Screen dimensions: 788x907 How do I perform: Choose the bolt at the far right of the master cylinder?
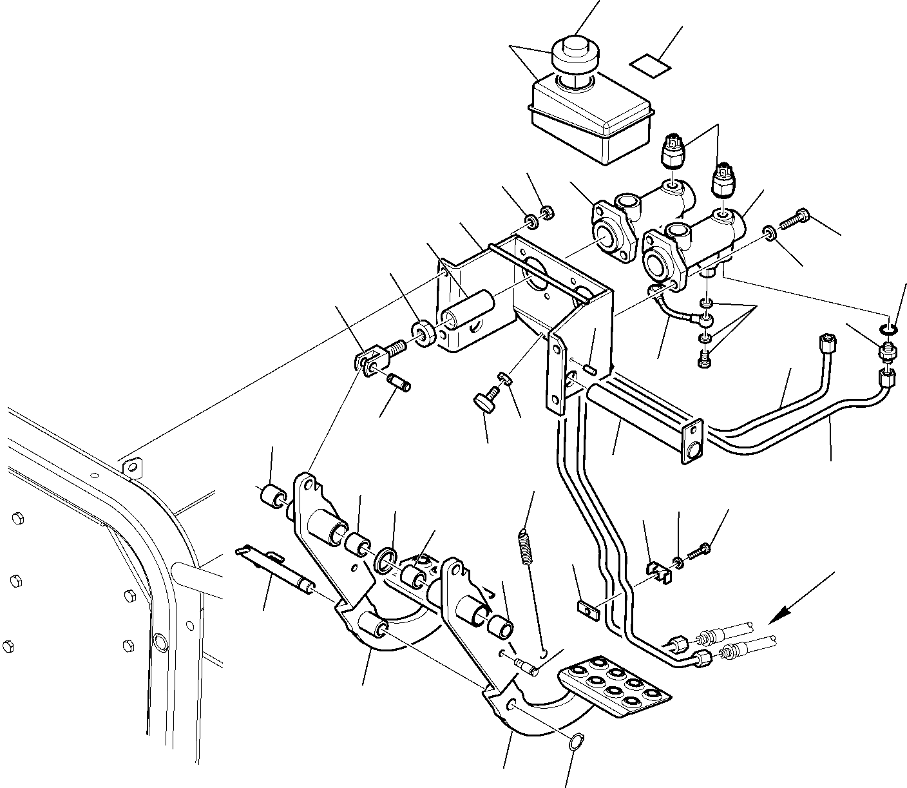click(x=794, y=220)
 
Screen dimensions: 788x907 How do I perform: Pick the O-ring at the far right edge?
click(x=888, y=331)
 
